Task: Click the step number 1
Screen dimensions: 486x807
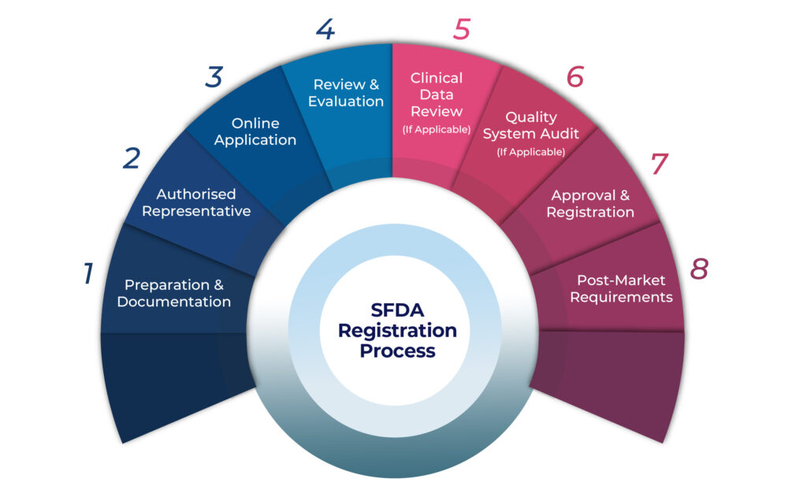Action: tap(88, 274)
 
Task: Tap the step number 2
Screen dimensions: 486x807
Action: tap(131, 158)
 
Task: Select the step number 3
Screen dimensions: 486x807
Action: tap(214, 77)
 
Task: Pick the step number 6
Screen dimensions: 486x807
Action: tap(575, 76)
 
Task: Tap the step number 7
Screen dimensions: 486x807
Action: tap(659, 164)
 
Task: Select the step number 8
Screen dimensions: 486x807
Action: tap(699, 269)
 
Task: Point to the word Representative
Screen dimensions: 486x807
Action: tap(196, 211)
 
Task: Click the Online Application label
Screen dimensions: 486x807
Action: tap(255, 132)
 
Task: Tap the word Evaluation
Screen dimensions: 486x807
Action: tap(346, 102)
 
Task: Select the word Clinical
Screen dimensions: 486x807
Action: tap(437, 78)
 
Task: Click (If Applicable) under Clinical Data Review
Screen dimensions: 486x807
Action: tap(437, 129)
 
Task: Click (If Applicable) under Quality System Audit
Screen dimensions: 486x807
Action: tap(531, 151)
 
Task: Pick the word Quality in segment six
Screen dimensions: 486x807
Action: tap(531, 117)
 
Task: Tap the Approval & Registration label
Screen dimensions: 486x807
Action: tap(590, 204)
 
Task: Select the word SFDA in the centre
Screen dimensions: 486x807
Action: tap(397, 310)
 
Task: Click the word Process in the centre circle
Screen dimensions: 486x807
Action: tap(397, 351)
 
